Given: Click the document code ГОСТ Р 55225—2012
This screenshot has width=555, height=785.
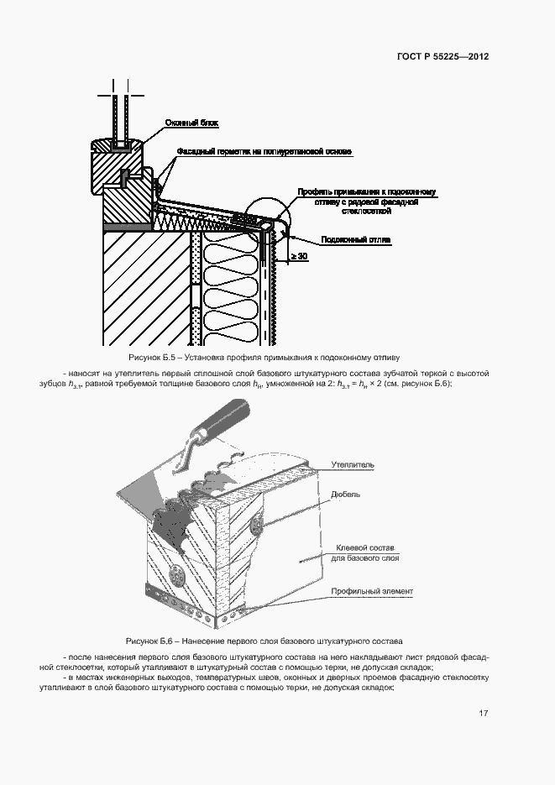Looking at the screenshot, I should (x=442, y=57).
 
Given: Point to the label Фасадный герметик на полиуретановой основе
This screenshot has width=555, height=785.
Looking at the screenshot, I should (x=263, y=152).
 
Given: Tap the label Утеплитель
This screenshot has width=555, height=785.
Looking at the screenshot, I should (x=352, y=463).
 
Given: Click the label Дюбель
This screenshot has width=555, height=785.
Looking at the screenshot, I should (x=345, y=495).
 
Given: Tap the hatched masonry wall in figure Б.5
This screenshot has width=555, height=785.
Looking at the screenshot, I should (x=143, y=285).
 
